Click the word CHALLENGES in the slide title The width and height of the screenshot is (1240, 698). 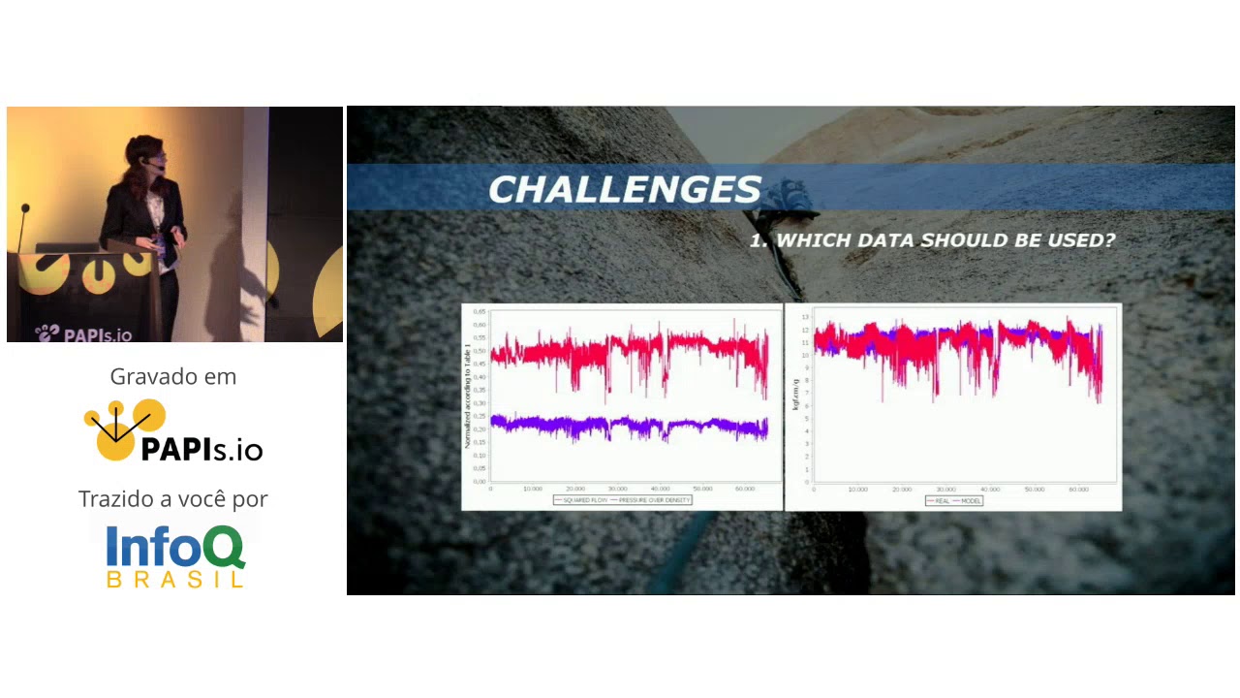[625, 189]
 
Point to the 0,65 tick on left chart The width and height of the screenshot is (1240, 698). [480, 312]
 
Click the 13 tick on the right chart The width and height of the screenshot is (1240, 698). [804, 316]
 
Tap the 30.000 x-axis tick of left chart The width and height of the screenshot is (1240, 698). [617, 489]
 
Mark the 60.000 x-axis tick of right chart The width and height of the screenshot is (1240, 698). [1078, 490]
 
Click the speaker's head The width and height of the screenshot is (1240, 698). [139, 157]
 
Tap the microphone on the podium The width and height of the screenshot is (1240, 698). [25, 209]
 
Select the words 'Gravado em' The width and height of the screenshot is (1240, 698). [173, 376]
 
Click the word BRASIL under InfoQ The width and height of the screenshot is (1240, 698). [174, 580]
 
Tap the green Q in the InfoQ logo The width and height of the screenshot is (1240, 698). [224, 549]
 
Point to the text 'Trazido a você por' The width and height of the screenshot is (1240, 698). [173, 499]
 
